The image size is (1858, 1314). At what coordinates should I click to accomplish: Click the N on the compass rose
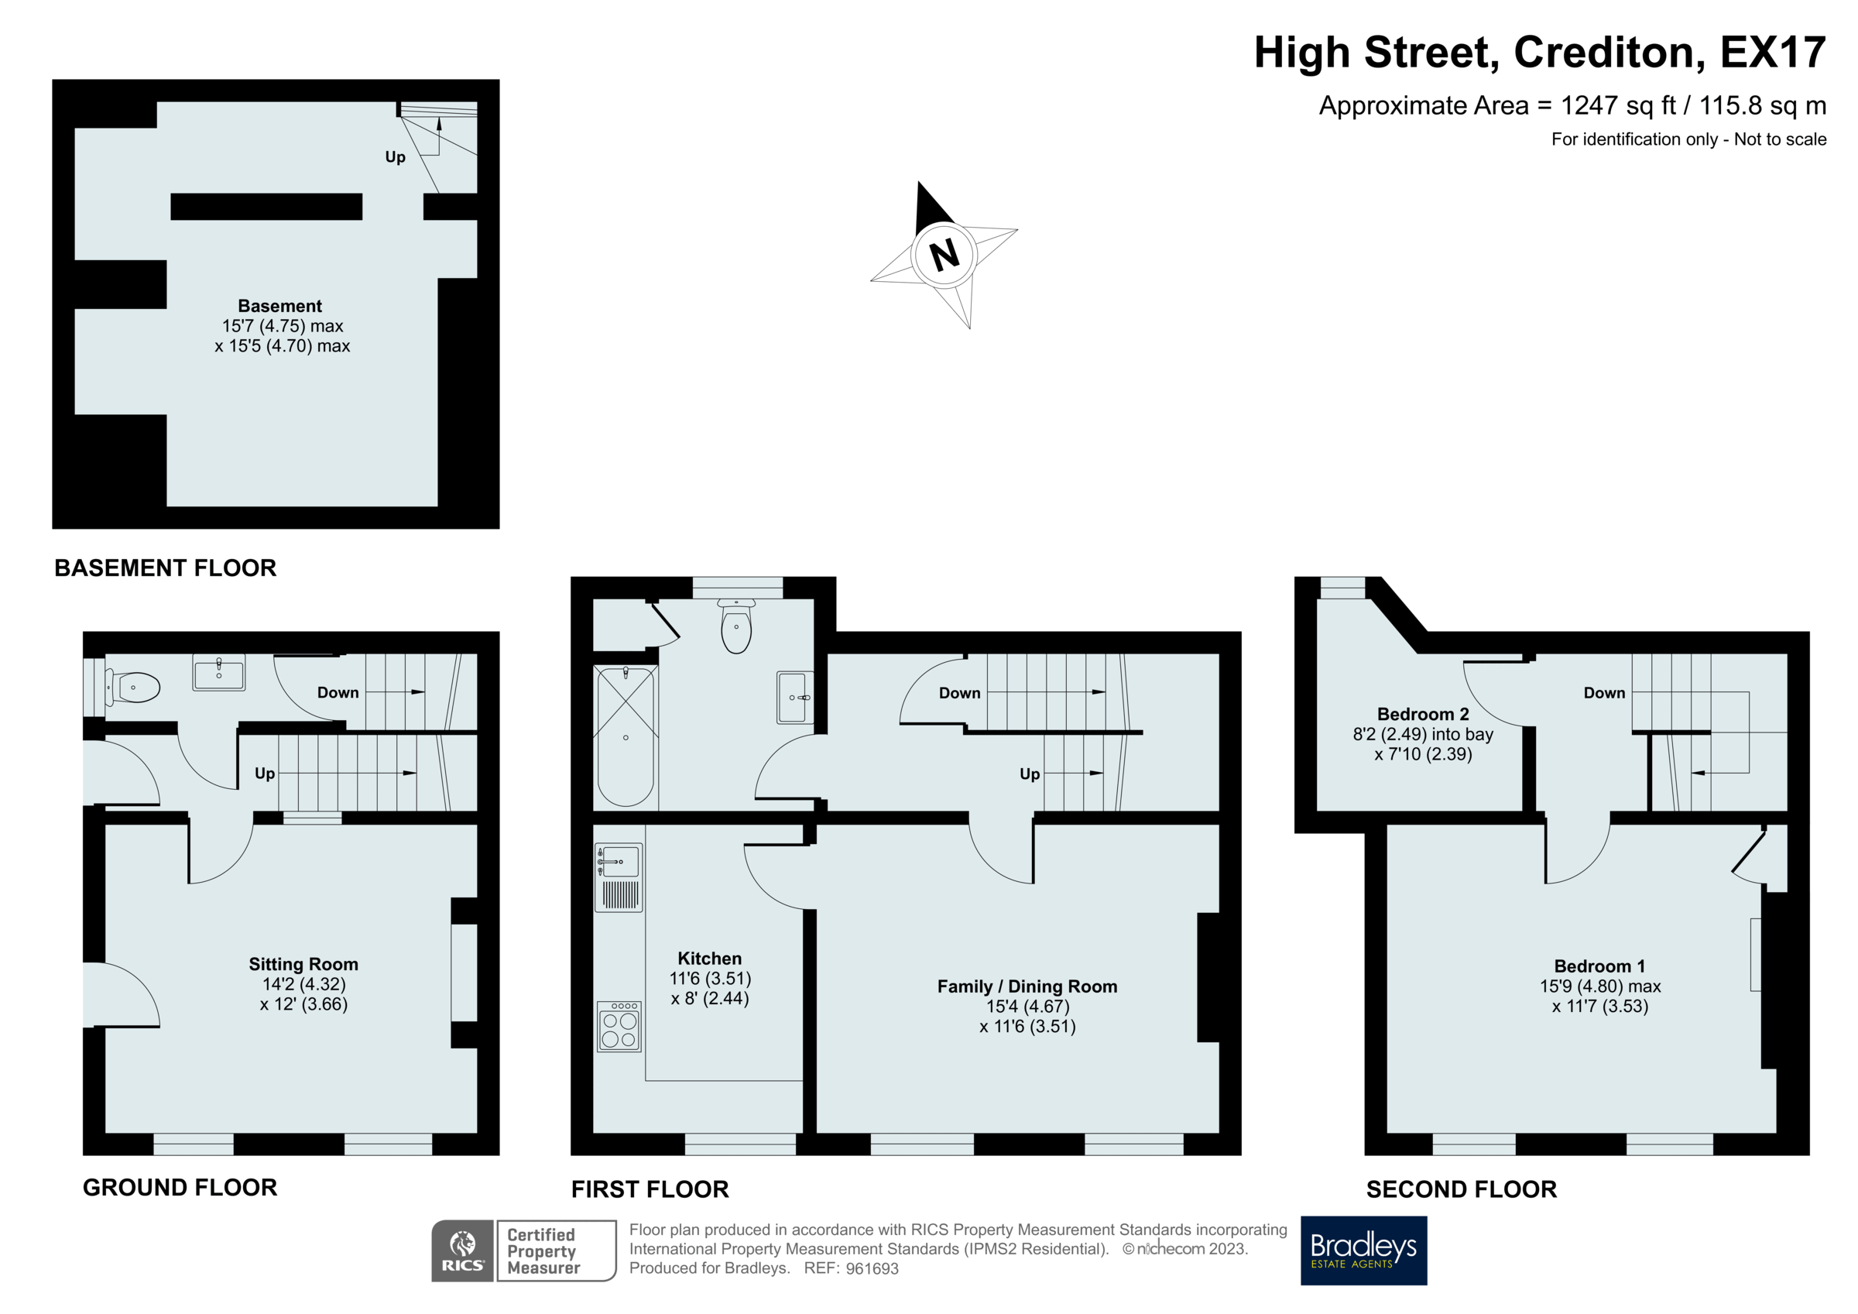[x=944, y=255]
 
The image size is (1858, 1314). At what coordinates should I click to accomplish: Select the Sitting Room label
[x=303, y=964]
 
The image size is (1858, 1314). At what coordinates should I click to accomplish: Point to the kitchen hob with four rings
[x=619, y=1028]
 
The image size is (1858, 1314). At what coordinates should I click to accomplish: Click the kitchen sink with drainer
[x=619, y=877]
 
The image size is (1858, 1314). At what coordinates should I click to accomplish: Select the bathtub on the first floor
[x=626, y=736]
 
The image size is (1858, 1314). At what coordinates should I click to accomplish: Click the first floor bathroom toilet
[x=735, y=627]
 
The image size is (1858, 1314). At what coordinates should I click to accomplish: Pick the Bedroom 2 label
[x=1423, y=714]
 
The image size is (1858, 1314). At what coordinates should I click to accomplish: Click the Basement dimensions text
[x=283, y=336]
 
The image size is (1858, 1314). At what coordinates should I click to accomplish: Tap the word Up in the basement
[x=395, y=157]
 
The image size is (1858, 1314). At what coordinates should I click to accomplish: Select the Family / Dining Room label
[x=1027, y=986]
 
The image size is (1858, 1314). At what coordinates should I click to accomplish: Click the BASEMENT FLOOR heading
[x=165, y=568]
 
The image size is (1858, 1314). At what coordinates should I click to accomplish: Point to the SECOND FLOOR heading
[x=1461, y=1189]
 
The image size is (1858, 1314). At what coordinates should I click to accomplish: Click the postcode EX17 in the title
[x=1772, y=53]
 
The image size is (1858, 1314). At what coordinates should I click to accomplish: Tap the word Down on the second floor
[x=1604, y=693]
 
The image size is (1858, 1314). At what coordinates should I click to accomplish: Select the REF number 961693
[x=872, y=1268]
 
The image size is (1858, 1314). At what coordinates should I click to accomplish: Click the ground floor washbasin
[x=218, y=673]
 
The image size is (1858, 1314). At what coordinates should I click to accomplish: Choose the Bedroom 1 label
[x=1599, y=966]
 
